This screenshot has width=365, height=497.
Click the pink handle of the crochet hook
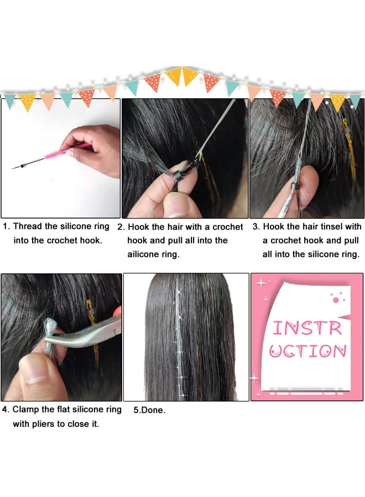68,151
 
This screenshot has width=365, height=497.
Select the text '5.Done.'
149,410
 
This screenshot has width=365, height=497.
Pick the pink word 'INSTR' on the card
307,329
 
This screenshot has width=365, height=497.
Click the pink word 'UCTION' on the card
307,351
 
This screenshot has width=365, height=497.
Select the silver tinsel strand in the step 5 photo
179,339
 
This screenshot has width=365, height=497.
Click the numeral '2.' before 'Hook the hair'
121,227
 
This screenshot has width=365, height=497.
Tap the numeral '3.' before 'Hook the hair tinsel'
256,226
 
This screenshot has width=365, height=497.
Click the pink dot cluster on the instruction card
337,298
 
